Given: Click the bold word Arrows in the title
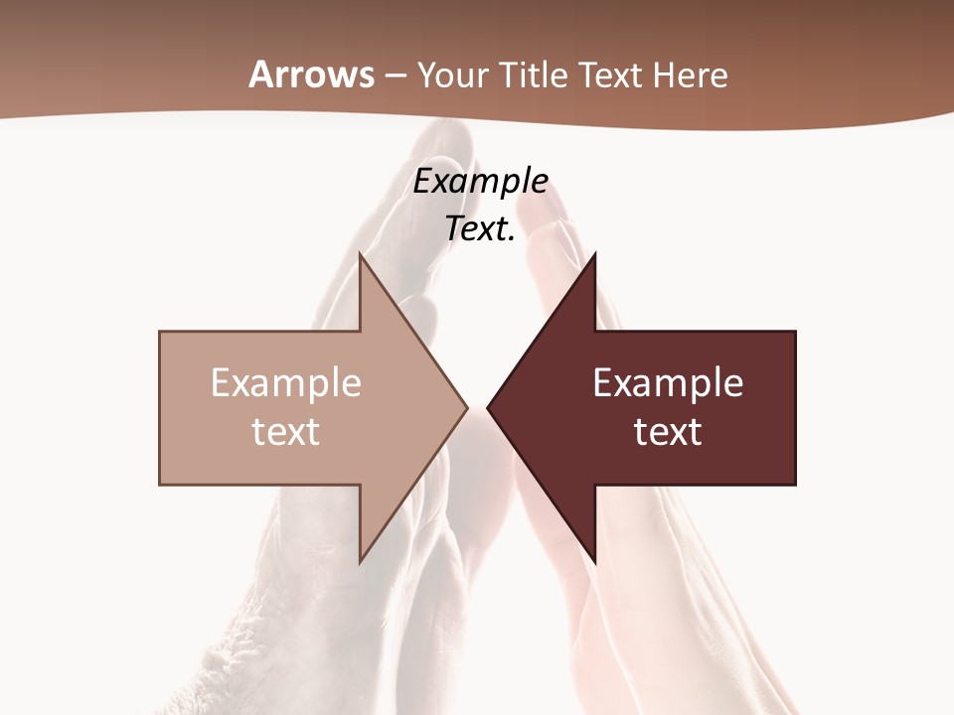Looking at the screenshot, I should pyautogui.click(x=312, y=74).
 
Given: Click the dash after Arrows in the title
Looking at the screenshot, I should pyautogui.click(x=396, y=76).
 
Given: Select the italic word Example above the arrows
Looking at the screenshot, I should pyautogui.click(x=481, y=182).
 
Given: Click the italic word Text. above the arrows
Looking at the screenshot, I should pyautogui.click(x=481, y=228).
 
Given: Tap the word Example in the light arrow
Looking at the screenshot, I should pyautogui.click(x=286, y=383).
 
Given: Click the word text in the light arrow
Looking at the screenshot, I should pyautogui.click(x=286, y=432).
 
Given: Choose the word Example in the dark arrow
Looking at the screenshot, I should pyautogui.click(x=668, y=383).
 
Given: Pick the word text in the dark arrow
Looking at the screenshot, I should pyautogui.click(x=668, y=432).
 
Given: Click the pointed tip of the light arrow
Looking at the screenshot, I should pyautogui.click(x=467, y=407).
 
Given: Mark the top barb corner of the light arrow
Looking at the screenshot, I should pyautogui.click(x=360, y=253).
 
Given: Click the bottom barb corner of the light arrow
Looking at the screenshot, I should pyautogui.click(x=360, y=562).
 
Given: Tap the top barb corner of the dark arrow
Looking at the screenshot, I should pyautogui.click(x=595, y=253).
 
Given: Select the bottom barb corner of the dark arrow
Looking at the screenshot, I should pyautogui.click(x=595, y=562).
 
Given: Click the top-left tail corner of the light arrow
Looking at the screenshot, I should pyautogui.click(x=160, y=332).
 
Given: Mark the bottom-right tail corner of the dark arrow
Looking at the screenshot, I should pyautogui.click(x=795, y=484).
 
